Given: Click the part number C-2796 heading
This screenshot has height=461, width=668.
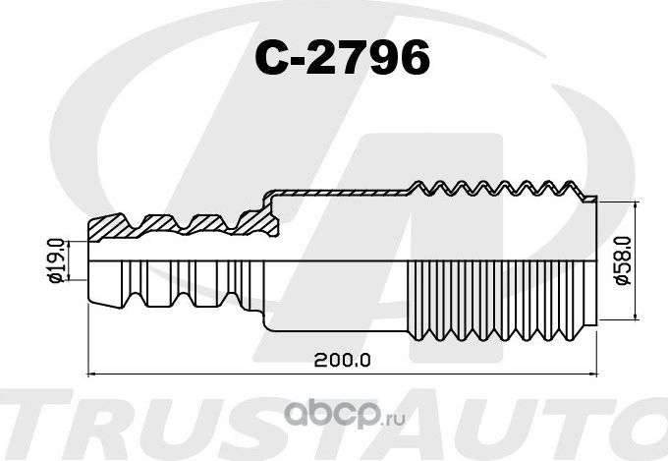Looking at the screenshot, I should pyautogui.click(x=343, y=60).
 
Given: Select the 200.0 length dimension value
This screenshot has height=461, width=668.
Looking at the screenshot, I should pyautogui.click(x=343, y=360).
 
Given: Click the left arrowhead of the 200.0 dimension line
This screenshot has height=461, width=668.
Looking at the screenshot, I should pyautogui.click(x=93, y=375).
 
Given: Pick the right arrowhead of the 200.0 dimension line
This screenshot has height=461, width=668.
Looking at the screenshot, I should pyautogui.click(x=593, y=375).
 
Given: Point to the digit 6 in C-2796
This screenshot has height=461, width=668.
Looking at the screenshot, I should pyautogui.click(x=413, y=60).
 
